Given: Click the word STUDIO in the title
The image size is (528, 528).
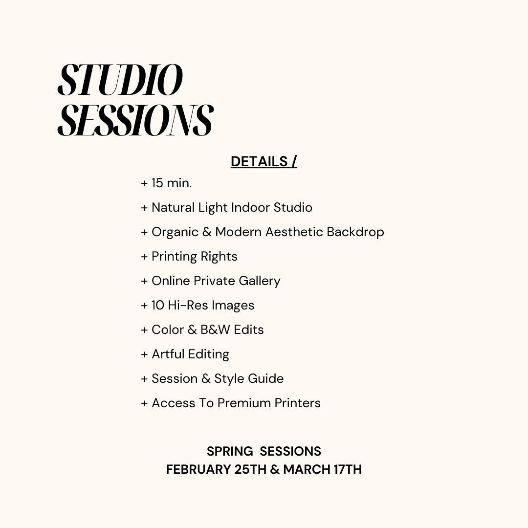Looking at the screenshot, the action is click(x=120, y=80).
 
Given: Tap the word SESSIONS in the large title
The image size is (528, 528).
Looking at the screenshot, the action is click(x=136, y=120).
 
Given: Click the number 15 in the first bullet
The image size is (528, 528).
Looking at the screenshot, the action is click(x=157, y=183).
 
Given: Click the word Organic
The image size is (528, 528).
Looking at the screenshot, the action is click(x=175, y=233).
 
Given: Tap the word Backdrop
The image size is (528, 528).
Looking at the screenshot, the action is click(x=355, y=232).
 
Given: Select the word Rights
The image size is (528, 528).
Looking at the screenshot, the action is click(x=219, y=257).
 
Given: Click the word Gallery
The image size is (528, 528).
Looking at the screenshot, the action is click(x=259, y=281).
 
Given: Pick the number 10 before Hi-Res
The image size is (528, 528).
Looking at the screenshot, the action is click(x=157, y=305).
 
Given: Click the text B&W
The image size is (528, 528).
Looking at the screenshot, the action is click(x=215, y=330).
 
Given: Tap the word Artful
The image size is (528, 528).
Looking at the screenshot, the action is click(x=168, y=354).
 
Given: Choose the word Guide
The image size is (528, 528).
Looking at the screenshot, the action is click(x=265, y=378).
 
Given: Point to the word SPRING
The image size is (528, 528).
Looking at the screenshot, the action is click(x=230, y=451).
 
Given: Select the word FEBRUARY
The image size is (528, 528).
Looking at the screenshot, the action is click(x=198, y=469).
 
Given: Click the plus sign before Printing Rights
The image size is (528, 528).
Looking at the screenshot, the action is click(x=144, y=257).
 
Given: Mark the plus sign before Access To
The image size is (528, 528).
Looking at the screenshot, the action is click(x=144, y=403).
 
